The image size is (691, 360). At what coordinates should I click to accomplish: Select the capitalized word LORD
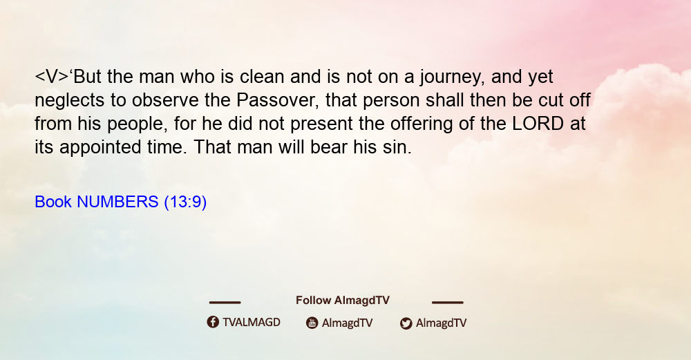(538, 124)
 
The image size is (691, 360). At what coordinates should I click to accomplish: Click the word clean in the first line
(262, 77)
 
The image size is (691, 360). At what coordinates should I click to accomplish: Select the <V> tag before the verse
(52, 77)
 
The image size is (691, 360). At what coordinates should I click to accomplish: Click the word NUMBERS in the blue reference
(117, 202)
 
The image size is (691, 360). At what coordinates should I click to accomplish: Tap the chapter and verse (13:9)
(185, 202)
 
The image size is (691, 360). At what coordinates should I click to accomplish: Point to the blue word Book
(53, 202)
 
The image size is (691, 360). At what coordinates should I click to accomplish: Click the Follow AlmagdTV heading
(343, 300)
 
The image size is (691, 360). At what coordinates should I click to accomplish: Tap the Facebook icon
(213, 322)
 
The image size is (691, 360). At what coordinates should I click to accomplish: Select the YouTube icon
(312, 323)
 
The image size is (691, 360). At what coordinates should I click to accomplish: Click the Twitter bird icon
(406, 323)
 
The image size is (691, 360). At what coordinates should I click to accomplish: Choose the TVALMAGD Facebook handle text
(252, 322)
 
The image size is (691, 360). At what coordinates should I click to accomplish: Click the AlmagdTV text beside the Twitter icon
(441, 323)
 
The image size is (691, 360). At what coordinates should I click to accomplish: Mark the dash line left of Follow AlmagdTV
(225, 302)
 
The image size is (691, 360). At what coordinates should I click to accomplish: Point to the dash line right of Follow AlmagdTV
(448, 302)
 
